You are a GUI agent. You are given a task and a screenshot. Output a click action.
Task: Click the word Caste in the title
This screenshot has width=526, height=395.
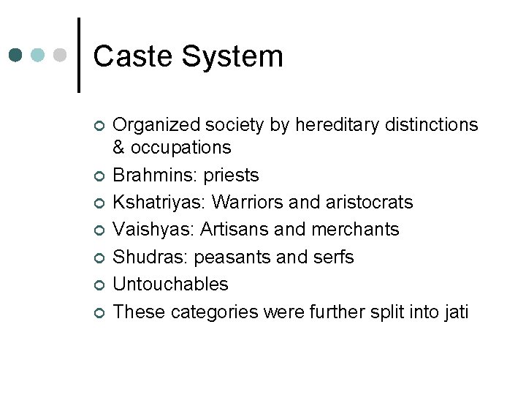(134, 56)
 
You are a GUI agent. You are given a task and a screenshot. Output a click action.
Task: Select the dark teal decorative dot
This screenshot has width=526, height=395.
(16, 55)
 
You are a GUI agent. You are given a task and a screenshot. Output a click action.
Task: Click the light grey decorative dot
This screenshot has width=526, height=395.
(61, 55)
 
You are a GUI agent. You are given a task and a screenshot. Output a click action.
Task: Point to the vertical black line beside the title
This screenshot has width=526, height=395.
(78, 55)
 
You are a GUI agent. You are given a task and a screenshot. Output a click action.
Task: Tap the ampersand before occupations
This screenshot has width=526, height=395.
(119, 147)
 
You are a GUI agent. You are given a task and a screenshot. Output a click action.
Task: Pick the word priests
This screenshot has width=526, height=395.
(232, 176)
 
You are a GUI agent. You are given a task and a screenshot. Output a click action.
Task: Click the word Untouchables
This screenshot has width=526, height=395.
(171, 285)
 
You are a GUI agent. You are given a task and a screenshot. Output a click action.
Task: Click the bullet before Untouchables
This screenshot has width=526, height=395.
(99, 286)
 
